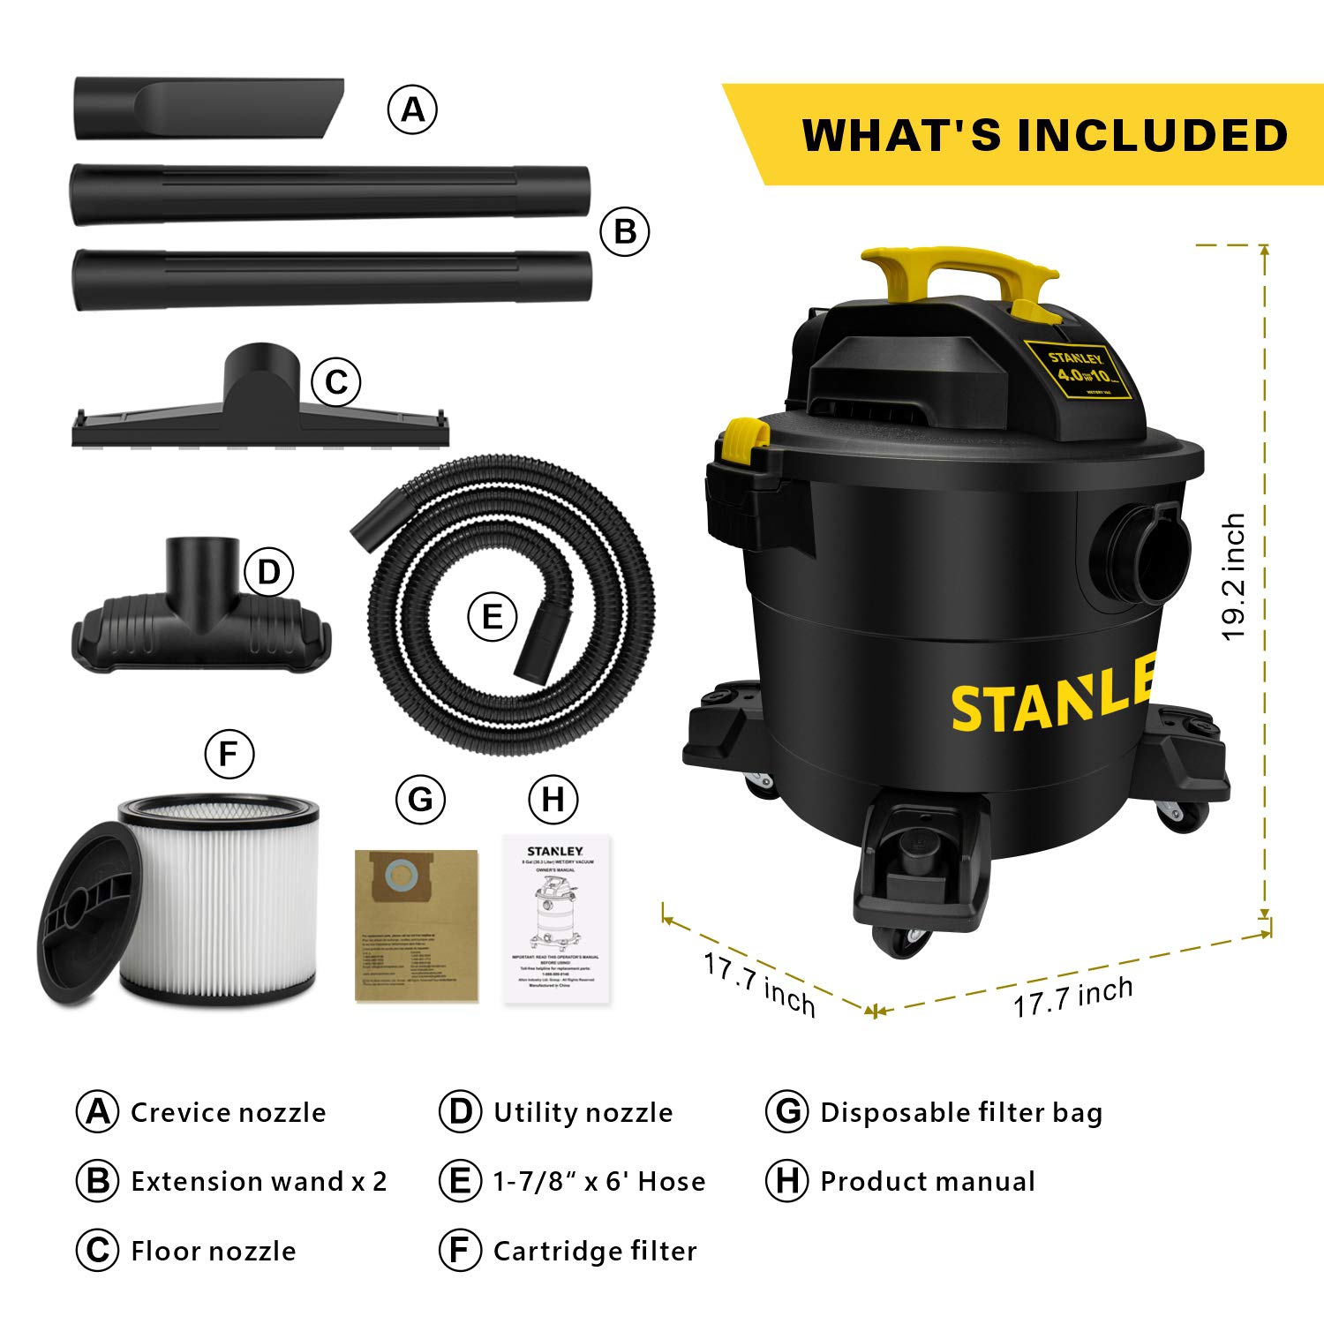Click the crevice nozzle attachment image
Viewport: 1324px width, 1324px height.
(x=208, y=109)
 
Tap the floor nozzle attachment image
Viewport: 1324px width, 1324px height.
(x=260, y=415)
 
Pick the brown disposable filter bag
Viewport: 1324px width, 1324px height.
(x=416, y=925)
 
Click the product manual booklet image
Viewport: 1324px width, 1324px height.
(x=557, y=918)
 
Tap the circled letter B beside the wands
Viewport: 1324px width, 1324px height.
(x=624, y=232)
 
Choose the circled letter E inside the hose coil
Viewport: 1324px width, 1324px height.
(x=492, y=615)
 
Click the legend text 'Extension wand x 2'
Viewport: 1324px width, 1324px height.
(x=259, y=1182)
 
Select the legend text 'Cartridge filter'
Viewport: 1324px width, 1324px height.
(x=595, y=1251)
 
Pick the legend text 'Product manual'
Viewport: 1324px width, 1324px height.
(x=927, y=1182)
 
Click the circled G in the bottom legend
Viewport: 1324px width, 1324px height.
(x=787, y=1111)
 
